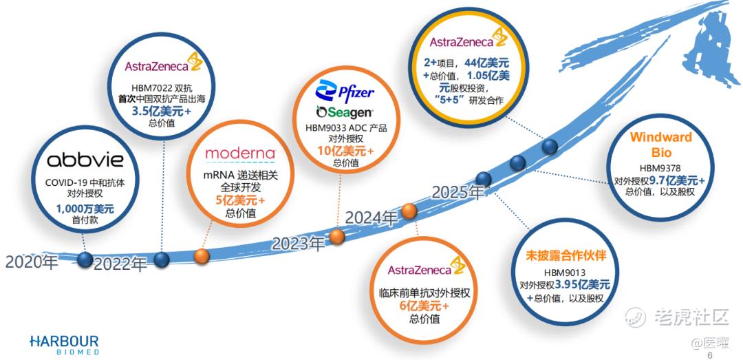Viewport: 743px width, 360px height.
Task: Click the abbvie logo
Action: [x=85, y=160]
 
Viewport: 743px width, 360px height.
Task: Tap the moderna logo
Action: [x=240, y=153]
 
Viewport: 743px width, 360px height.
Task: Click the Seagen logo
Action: [x=345, y=112]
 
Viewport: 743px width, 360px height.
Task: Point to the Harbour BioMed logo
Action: [x=64, y=345]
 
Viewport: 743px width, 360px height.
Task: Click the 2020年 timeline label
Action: [x=31, y=262]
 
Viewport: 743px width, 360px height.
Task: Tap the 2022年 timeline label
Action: [x=120, y=264]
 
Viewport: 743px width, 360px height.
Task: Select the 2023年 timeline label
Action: [x=298, y=243]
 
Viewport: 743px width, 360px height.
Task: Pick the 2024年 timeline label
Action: [x=371, y=218]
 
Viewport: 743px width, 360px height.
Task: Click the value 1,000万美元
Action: [x=85, y=209]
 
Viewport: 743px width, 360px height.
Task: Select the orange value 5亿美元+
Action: [x=240, y=200]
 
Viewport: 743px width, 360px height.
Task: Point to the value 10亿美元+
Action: [x=345, y=151]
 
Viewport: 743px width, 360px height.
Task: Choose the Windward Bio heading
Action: [x=660, y=145]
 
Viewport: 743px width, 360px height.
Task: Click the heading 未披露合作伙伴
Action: [x=566, y=256]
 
